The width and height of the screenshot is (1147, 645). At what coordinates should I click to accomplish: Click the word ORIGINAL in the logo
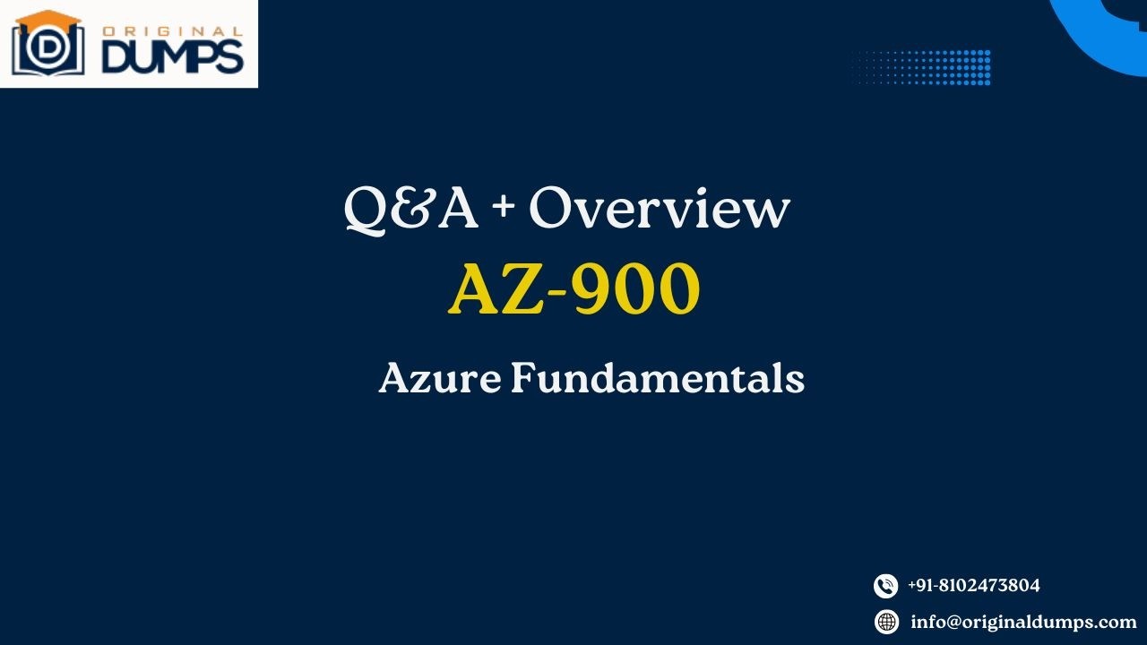point(172,31)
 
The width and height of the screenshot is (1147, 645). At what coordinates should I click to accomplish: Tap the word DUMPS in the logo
point(172,56)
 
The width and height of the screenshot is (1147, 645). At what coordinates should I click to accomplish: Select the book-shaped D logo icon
point(47,50)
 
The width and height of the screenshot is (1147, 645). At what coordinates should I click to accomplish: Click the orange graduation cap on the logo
point(47,18)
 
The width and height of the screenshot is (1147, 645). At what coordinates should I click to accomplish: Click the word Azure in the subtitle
point(439,378)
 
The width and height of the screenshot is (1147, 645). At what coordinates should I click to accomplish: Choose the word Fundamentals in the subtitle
point(658,378)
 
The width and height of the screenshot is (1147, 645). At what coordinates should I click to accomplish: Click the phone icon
point(885,586)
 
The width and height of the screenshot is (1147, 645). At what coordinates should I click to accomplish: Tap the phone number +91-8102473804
point(974,586)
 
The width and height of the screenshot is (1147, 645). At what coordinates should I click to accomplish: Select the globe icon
point(886,622)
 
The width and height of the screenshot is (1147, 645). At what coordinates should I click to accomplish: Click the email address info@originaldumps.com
point(1023,622)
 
